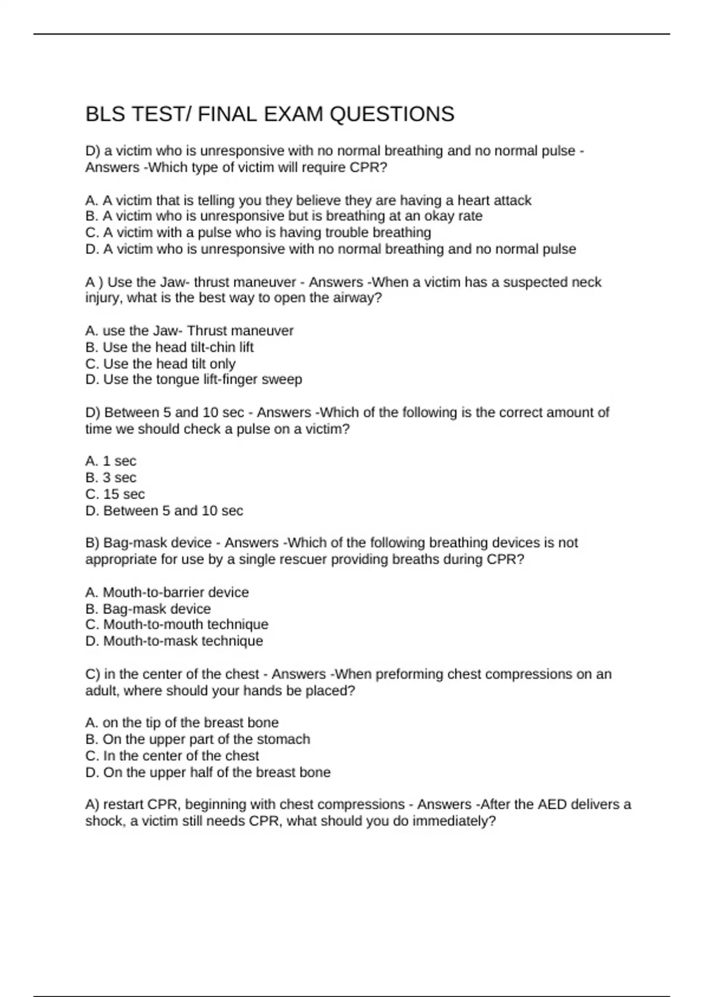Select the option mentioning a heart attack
308,201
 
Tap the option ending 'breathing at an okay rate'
284,216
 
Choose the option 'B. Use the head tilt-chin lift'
170,347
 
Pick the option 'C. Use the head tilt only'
160,364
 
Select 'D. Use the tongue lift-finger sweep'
194,379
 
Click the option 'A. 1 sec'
111,462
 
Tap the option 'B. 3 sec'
111,478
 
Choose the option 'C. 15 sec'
115,494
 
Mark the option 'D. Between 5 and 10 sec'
164,511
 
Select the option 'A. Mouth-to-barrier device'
167,592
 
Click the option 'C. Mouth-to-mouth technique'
177,625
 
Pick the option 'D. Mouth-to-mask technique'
174,641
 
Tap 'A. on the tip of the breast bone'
182,723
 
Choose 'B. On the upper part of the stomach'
198,739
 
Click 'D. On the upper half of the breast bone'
208,772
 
